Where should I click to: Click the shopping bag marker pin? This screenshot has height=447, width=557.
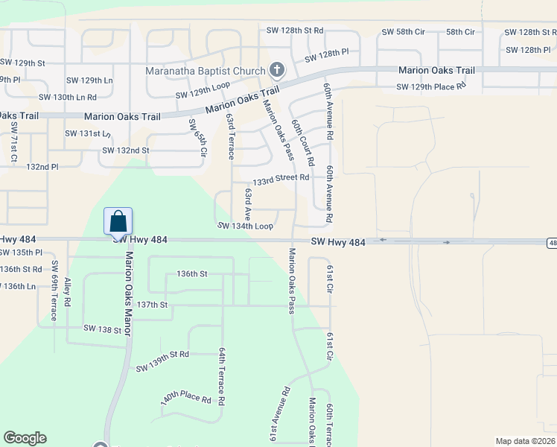pos(118,221)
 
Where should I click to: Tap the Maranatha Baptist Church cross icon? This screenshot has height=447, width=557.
pos(277,71)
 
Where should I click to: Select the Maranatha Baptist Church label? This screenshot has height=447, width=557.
pos(206,72)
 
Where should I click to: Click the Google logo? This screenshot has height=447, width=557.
pos(25,438)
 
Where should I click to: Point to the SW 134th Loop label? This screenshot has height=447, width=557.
pos(245,226)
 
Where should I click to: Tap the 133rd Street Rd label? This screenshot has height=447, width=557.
pos(281,179)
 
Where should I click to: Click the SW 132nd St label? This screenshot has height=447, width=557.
pos(126,150)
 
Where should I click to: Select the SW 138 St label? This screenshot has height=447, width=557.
pos(102,329)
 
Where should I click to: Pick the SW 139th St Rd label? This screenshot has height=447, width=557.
pos(163,362)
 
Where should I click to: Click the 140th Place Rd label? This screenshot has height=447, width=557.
pos(185,399)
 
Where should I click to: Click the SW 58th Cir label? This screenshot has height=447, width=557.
pos(403,32)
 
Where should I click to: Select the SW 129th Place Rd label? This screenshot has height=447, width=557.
pos(430,87)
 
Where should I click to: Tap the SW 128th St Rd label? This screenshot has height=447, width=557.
pos(295,31)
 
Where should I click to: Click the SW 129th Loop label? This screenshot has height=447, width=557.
pos(203,90)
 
